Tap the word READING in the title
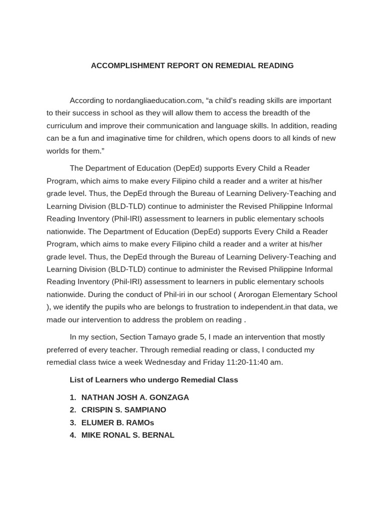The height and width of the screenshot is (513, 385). click(275, 66)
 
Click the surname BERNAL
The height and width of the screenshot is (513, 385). click(157, 435)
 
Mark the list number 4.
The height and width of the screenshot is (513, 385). click(73, 435)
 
